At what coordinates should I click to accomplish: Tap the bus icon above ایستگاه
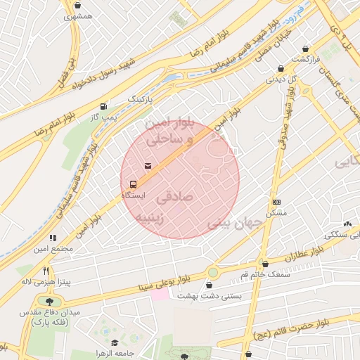pos(131,182)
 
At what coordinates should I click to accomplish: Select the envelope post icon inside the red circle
pos(148,166)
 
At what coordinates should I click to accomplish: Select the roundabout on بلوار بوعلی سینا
pos(212,272)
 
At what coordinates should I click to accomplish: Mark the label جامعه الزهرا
pos(118,352)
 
